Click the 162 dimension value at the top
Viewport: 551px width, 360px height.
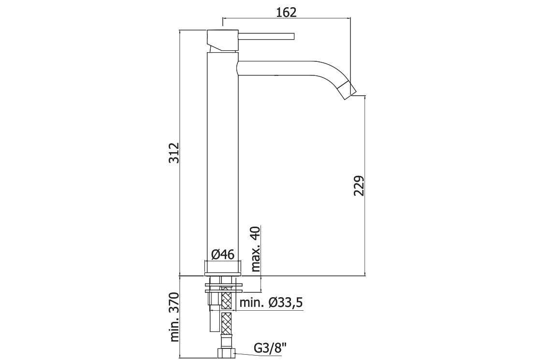coord(287,12)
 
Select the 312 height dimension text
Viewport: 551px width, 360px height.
coord(174,153)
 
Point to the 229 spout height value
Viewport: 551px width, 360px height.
coord(359,186)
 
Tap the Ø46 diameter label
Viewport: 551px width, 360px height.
coord(223,254)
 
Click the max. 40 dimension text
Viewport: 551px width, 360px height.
coord(256,249)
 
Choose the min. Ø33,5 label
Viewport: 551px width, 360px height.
coord(271,302)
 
